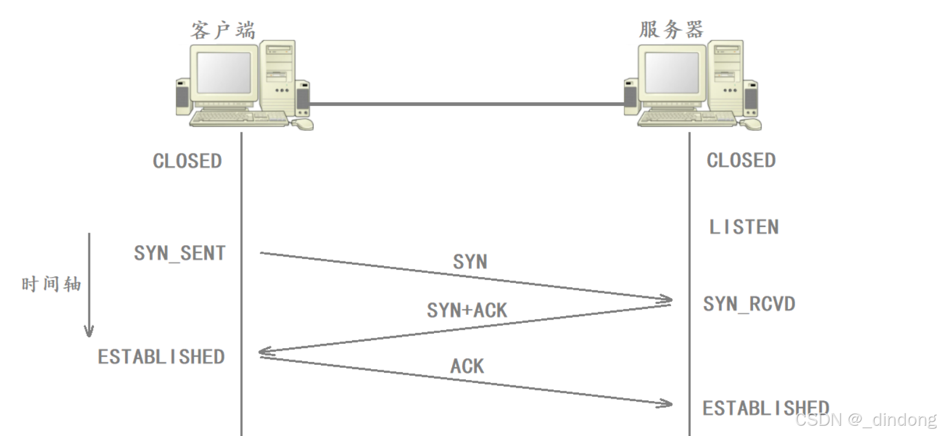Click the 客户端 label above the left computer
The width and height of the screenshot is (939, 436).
click(x=222, y=28)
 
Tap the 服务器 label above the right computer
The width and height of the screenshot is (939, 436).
click(x=671, y=28)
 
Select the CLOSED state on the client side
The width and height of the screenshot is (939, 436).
click(x=187, y=161)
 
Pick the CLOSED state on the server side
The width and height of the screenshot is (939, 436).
click(x=741, y=161)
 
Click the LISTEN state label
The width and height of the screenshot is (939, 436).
click(x=744, y=227)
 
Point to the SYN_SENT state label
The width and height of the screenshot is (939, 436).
click(x=180, y=254)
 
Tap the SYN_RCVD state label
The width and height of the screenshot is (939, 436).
click(x=749, y=304)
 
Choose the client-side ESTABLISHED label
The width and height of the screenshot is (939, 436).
click(x=161, y=357)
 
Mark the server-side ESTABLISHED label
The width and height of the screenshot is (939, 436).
click(x=766, y=408)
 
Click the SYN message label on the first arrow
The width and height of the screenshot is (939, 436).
click(x=470, y=262)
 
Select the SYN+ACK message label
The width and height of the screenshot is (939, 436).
click(x=467, y=310)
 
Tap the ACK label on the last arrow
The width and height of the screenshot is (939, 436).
click(x=467, y=366)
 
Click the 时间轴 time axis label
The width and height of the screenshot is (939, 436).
click(x=51, y=284)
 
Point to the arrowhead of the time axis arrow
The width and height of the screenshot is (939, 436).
click(x=89, y=332)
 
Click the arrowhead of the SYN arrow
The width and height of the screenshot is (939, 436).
click(x=667, y=299)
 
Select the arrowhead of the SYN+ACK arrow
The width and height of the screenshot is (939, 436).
click(x=263, y=352)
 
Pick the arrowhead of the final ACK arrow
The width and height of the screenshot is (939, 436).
click(x=667, y=403)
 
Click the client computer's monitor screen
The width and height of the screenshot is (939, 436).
click(x=224, y=73)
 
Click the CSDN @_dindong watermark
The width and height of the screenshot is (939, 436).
click(x=866, y=420)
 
